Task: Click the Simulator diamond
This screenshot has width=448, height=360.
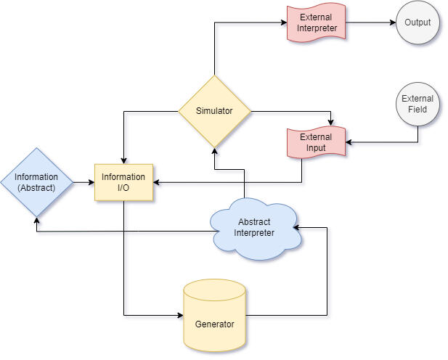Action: click(x=215, y=112)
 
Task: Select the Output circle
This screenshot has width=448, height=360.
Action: click(x=418, y=22)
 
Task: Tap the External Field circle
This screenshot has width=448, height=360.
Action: click(x=418, y=105)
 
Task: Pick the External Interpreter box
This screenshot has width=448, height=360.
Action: click(x=317, y=22)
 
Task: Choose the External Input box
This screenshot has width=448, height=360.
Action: click(x=317, y=142)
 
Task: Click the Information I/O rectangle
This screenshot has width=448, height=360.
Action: click(x=123, y=182)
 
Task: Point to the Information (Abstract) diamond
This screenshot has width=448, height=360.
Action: click(x=36, y=182)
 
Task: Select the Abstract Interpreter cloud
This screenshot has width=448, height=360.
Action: click(x=255, y=229)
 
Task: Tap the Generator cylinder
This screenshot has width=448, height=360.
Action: click(x=215, y=316)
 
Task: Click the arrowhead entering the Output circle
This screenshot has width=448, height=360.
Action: click(x=393, y=22)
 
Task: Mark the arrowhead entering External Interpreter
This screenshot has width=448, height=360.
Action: click(x=284, y=22)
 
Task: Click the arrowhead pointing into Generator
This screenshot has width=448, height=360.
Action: click(x=180, y=316)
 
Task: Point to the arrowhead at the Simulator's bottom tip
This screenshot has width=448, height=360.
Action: click(x=215, y=151)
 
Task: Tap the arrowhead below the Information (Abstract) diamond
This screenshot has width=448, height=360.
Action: click(x=36, y=221)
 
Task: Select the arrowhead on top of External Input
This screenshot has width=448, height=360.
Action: click(x=331, y=123)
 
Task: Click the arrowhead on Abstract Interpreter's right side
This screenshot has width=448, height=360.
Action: click(x=296, y=228)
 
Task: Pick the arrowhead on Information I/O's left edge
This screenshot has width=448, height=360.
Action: click(x=91, y=182)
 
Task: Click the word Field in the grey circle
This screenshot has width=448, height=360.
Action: click(x=418, y=110)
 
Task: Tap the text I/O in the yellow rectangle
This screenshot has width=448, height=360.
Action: click(x=123, y=188)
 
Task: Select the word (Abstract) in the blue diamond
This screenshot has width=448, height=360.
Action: click(x=36, y=188)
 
